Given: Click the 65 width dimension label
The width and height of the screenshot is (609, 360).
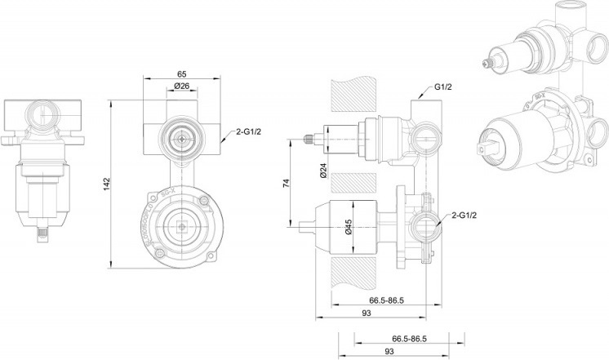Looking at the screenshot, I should pyautogui.click(x=181, y=73).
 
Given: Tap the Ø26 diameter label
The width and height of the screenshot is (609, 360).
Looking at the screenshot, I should pyautogui.click(x=182, y=87).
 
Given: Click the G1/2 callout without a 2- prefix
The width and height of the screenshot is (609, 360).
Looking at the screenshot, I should pyautogui.click(x=443, y=87).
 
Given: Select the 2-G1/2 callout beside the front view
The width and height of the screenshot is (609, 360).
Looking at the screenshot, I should pyautogui.click(x=247, y=131).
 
